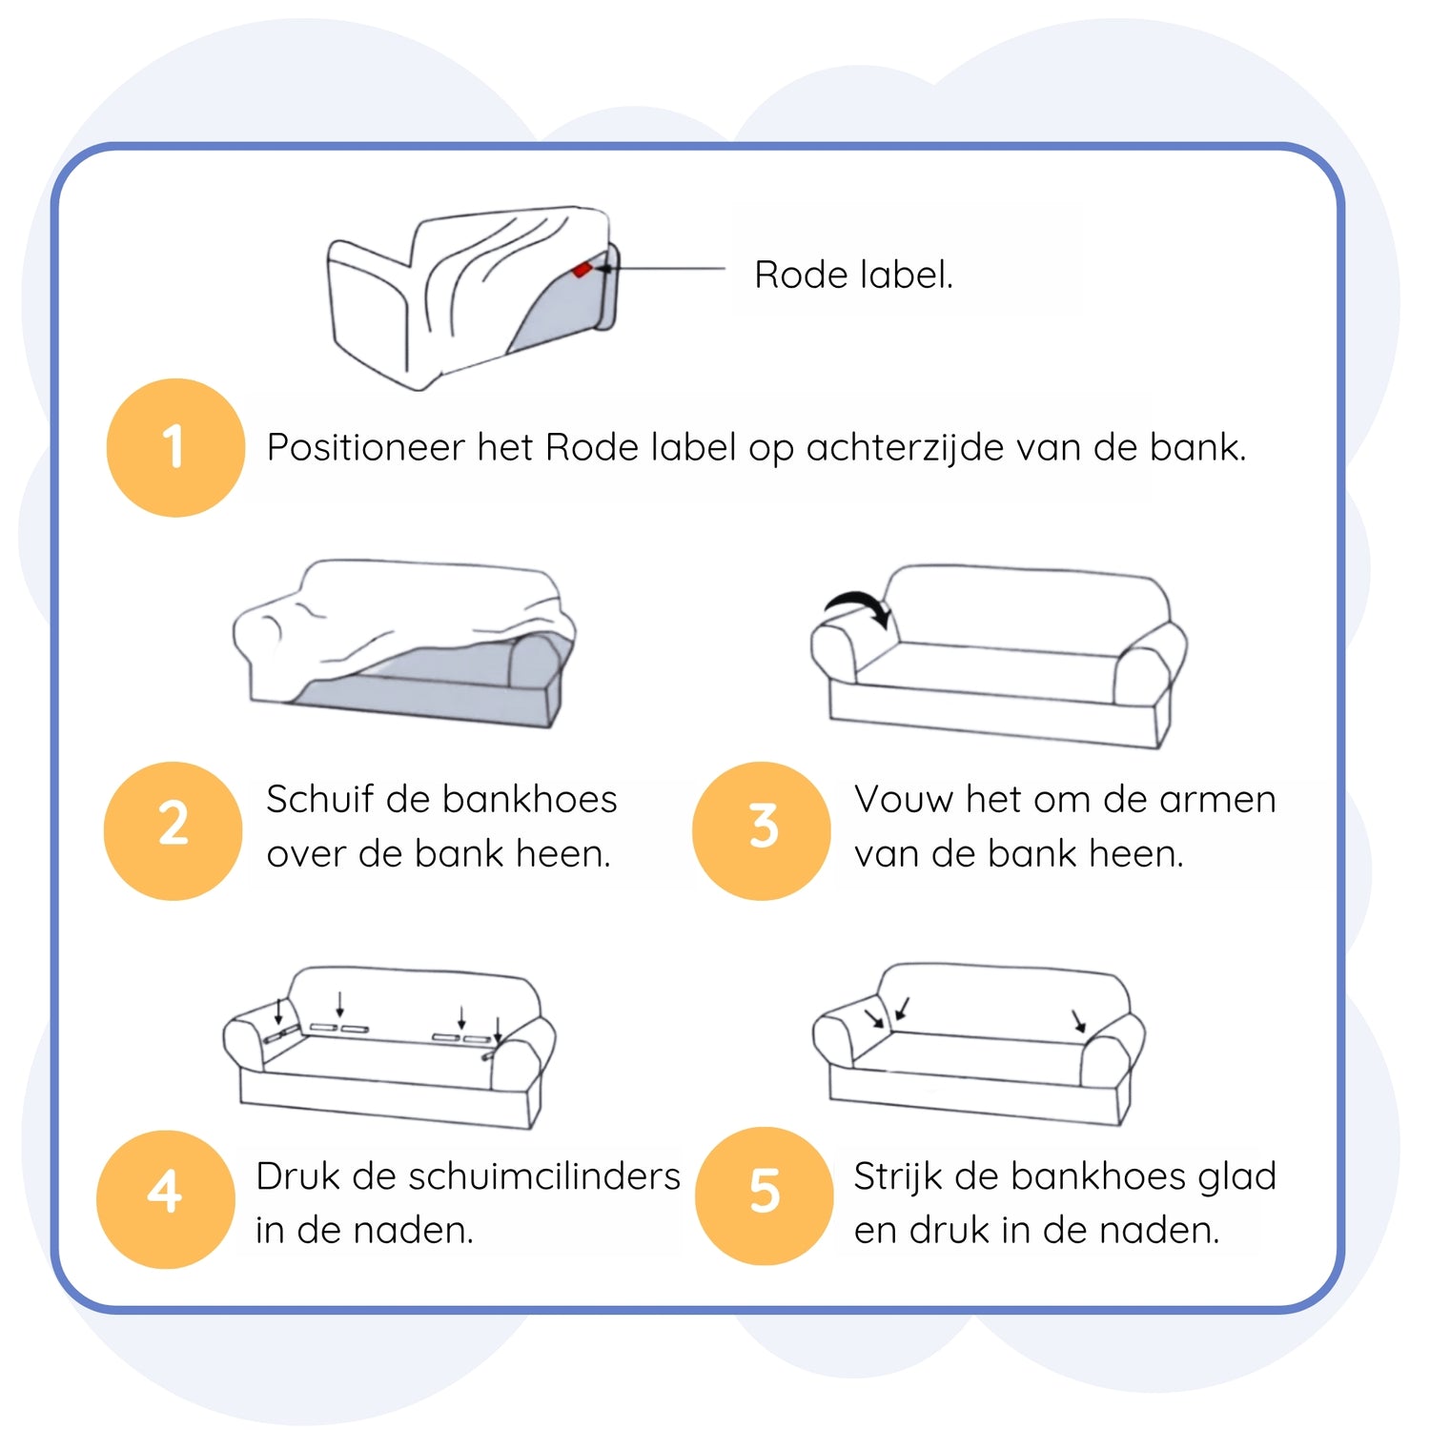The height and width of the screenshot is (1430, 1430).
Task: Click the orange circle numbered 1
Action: coord(175,447)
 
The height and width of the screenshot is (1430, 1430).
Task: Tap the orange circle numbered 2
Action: coord(173,830)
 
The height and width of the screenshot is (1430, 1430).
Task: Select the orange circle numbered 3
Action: coord(762,830)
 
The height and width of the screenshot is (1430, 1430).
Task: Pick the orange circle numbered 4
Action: coord(165,1199)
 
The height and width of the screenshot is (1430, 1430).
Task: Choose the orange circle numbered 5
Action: coord(765,1195)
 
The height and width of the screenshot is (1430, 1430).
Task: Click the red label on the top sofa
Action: coord(581,271)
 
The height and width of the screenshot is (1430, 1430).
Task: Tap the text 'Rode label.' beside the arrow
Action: coord(853,275)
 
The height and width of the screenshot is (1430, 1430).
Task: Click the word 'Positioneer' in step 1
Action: coord(366,447)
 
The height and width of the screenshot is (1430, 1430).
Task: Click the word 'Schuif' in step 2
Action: coord(319,799)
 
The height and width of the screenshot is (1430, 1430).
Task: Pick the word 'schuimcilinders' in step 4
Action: coord(544,1175)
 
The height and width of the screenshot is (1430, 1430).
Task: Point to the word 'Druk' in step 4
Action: coord(299,1175)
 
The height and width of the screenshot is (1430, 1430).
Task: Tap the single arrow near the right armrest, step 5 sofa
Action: coord(1079,1020)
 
